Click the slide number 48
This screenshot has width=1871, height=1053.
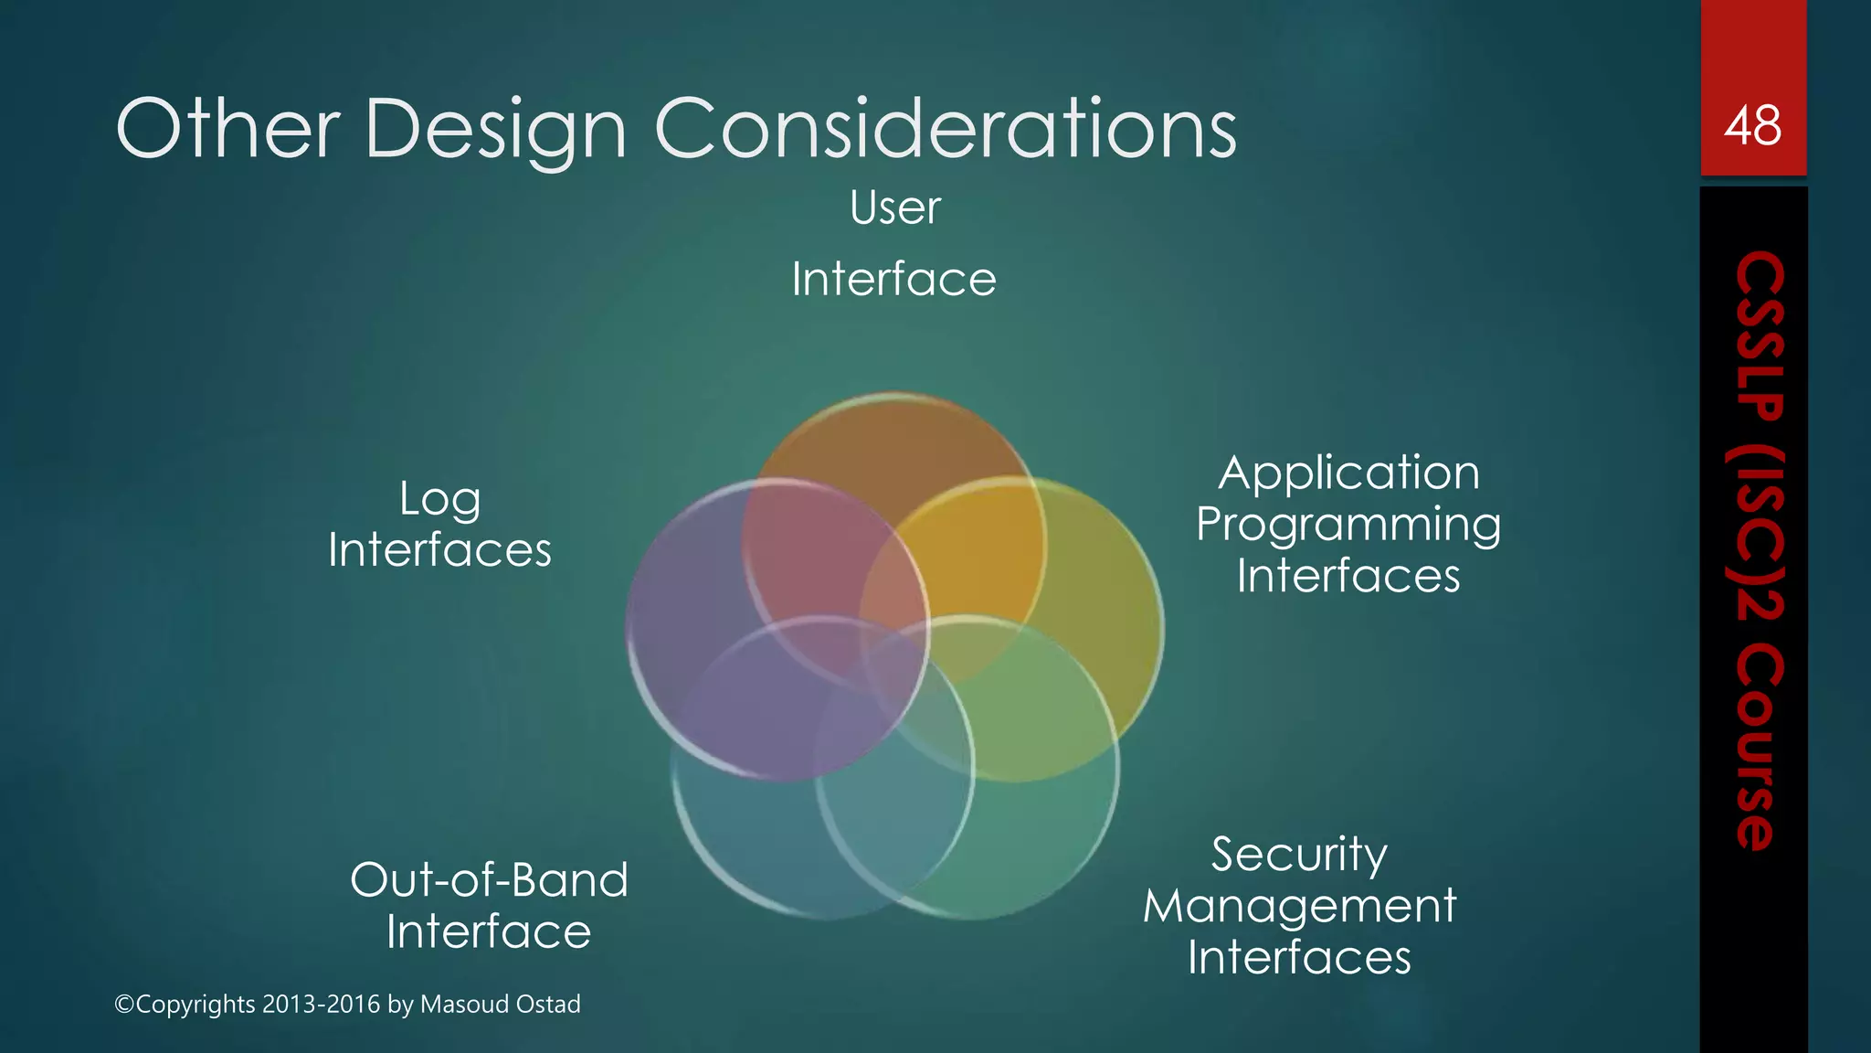1752,126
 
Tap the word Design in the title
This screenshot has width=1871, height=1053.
496,131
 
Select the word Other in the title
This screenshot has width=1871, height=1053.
228,129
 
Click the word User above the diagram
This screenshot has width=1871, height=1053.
894,207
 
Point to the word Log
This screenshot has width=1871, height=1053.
439,500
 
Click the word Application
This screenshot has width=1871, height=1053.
1348,474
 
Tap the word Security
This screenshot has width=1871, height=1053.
1299,856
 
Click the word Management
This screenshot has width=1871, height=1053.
1299,907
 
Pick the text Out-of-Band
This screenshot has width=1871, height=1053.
489,880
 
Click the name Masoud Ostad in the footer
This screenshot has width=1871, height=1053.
500,1004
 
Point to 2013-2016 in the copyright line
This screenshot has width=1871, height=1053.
321,1004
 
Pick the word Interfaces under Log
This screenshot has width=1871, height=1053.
439,551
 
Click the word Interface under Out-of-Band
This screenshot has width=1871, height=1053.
489,932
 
